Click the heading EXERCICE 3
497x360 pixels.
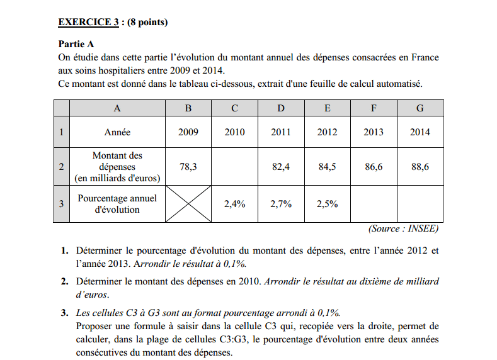pos(88,23)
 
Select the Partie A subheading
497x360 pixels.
pos(76,44)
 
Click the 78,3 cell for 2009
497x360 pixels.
pos(188,167)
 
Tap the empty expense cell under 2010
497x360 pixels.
pos(234,167)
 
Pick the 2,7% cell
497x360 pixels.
pos(281,204)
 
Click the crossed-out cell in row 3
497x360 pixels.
pos(188,204)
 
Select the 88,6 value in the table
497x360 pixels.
pos(420,167)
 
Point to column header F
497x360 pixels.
pos(374,108)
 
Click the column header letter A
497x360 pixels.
pos(117,108)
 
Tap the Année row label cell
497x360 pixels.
pos(117,132)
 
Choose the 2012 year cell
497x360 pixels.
pos(327,132)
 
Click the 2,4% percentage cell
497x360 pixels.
pos(234,204)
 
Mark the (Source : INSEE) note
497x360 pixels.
pos(403,229)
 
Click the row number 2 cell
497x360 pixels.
pos(61,167)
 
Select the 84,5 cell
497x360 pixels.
pos(327,167)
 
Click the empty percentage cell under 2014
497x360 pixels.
pos(420,204)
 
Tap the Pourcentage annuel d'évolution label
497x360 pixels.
pos(117,204)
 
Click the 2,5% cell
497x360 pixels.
pos(327,204)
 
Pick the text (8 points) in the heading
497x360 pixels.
pos(147,23)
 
